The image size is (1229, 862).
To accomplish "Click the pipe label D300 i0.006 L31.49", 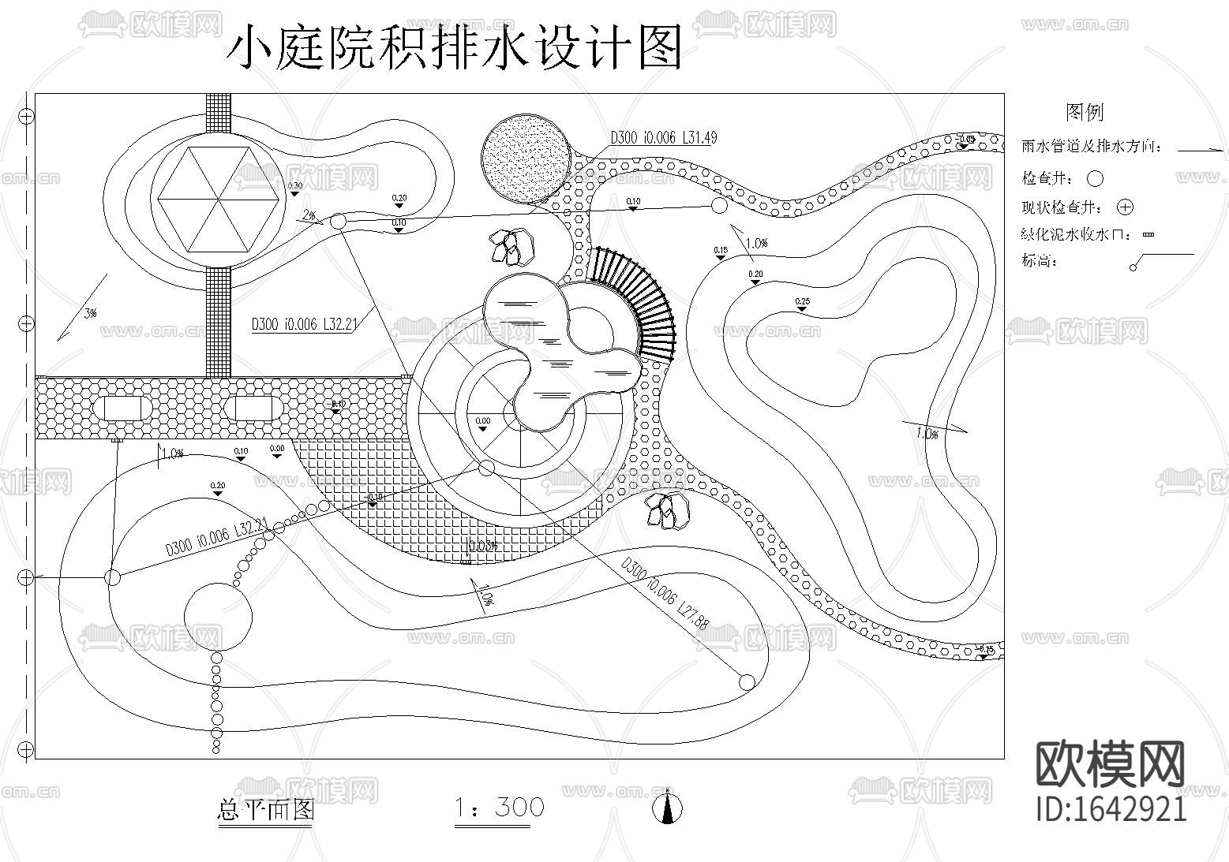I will (x=663, y=138).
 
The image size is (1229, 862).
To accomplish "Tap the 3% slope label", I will (x=90, y=313).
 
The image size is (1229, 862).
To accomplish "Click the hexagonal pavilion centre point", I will (x=219, y=200).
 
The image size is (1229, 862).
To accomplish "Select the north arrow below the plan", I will (x=668, y=808).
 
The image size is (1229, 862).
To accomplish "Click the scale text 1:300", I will (x=499, y=808).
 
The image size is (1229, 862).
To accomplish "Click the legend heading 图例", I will (x=1084, y=112).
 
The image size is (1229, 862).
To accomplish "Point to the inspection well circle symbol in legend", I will (x=1095, y=179).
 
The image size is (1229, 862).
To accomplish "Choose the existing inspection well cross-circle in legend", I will (x=1126, y=207).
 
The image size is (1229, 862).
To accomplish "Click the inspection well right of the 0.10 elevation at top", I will (x=719, y=206).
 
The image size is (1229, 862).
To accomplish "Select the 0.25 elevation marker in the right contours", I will (x=802, y=304).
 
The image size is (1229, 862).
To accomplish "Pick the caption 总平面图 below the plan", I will (x=265, y=810).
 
